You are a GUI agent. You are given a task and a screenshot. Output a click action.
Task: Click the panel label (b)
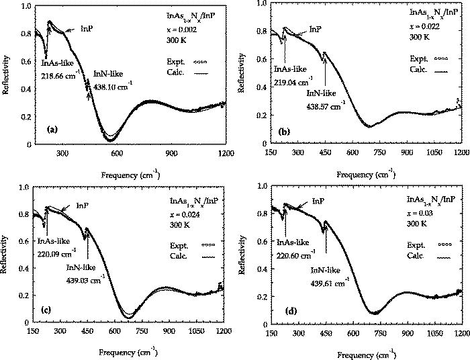tap(285, 132)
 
